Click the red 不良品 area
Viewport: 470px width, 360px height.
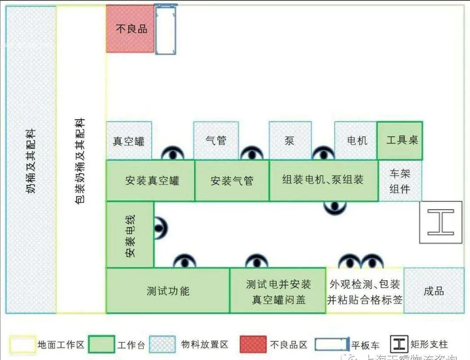130,29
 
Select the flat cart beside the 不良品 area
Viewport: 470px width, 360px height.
165,29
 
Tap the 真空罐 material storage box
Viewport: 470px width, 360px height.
129,141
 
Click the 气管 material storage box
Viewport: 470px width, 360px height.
216,141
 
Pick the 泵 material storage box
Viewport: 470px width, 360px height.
290,141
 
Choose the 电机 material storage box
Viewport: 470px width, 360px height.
355,141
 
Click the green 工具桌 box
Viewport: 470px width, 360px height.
400,140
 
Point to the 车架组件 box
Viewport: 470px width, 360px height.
400,181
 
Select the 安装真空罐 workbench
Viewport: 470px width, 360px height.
151,180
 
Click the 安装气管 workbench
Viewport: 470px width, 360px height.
231,180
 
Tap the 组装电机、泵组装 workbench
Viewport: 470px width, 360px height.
323,180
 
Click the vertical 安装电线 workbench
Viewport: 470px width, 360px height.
130,234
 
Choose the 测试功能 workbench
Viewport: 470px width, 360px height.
168,291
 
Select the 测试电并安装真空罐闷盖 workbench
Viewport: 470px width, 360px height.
278,291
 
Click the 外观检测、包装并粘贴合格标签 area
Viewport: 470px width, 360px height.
365,291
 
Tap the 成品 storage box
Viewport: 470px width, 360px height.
434,291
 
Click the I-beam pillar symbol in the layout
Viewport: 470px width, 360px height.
440,222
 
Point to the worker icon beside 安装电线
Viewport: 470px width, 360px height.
160,228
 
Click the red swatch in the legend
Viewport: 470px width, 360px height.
253,344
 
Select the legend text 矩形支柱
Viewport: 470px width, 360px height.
429,344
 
